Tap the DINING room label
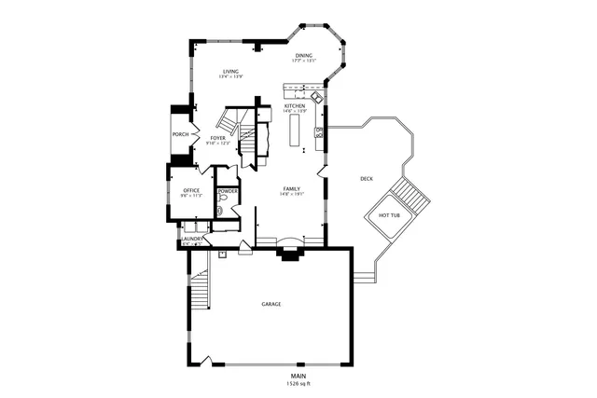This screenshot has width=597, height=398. [304, 55]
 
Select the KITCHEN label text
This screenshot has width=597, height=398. [295, 106]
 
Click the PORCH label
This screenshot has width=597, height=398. [180, 134]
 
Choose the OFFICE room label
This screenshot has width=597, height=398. [191, 190]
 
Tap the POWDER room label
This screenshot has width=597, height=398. [228, 190]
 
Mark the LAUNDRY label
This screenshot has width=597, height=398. [191, 240]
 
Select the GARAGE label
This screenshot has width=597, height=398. [271, 304]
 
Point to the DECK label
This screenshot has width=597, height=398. [367, 178]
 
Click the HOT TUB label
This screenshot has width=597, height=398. [390, 215]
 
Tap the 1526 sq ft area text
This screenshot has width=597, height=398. [298, 383]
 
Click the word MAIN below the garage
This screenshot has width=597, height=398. [298, 376]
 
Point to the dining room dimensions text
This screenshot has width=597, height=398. [304, 61]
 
